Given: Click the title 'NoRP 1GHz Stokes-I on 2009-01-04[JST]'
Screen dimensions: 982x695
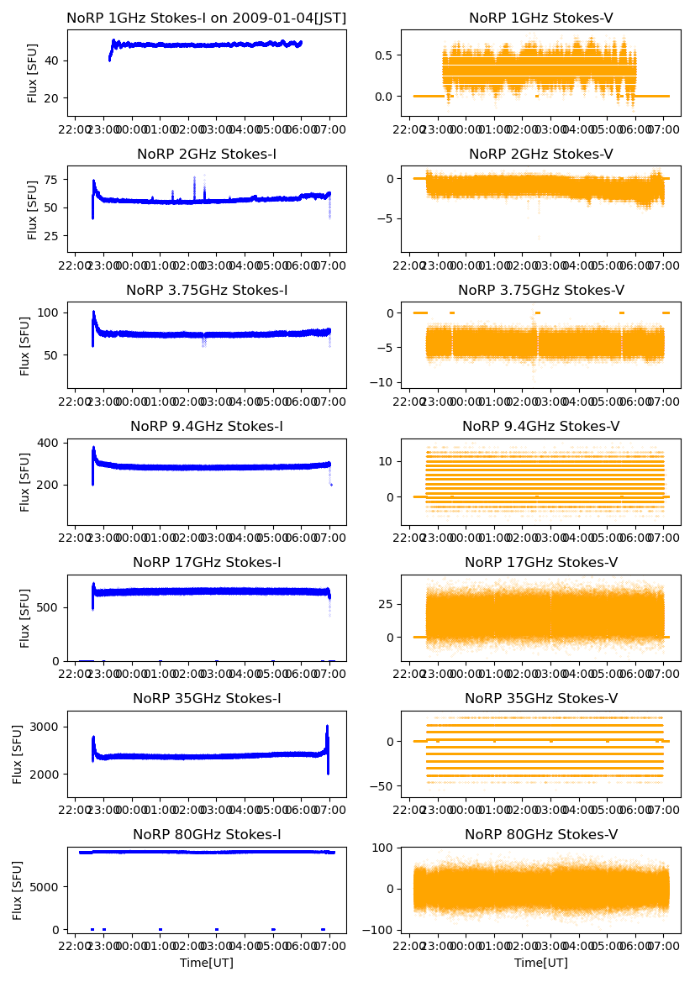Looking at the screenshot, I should [x=207, y=18].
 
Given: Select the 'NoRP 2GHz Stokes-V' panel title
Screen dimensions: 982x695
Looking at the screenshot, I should [x=541, y=154].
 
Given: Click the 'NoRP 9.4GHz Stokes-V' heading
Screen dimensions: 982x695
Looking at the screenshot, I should [x=541, y=426].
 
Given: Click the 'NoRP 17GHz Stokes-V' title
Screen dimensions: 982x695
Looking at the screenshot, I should [x=541, y=562].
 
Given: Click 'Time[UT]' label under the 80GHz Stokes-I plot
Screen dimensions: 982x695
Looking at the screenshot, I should [x=207, y=963].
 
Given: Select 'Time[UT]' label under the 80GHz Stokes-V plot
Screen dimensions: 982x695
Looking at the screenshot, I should [x=541, y=963].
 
